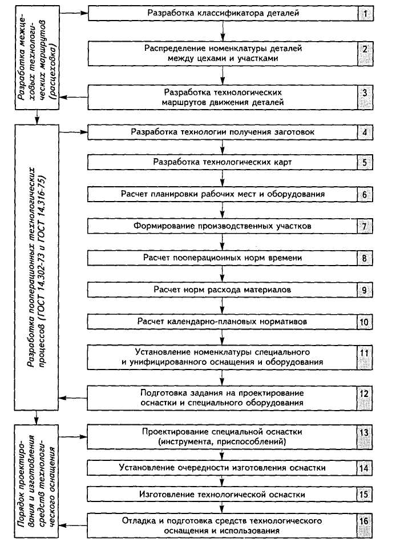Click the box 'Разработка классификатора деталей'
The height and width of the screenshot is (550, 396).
pyautogui.click(x=222, y=12)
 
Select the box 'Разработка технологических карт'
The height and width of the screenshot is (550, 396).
pyautogui.click(x=222, y=162)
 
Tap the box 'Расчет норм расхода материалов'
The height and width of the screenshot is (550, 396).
pyautogui.click(x=222, y=290)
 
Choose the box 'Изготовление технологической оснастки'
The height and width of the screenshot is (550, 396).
pyautogui.click(x=222, y=493)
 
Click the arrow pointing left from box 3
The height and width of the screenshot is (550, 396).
pyautogui.click(x=74, y=96)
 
